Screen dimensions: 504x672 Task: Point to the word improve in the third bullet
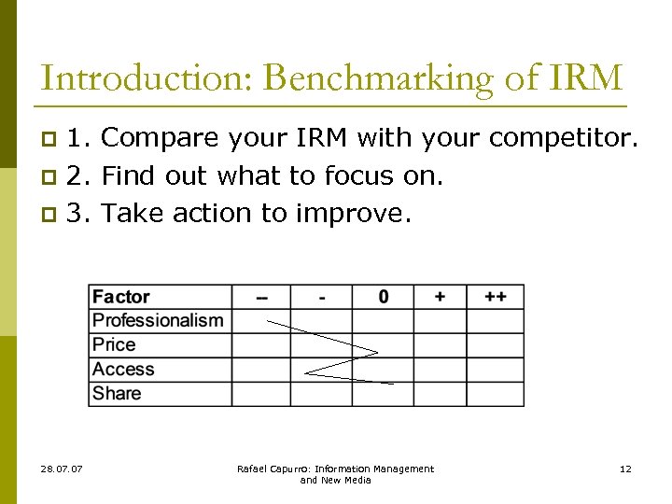point(352,213)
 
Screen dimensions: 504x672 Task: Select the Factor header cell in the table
point(121,297)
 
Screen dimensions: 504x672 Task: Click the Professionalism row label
point(158,321)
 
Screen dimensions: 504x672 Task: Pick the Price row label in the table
point(114,345)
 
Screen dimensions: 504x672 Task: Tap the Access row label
point(123,370)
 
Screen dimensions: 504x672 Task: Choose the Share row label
point(117,394)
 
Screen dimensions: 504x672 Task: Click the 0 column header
point(384,297)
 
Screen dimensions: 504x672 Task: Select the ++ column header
point(496,297)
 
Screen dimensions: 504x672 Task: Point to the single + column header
point(440,297)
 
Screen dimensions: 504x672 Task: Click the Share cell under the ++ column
point(496,394)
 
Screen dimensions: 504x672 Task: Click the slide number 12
point(625,469)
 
